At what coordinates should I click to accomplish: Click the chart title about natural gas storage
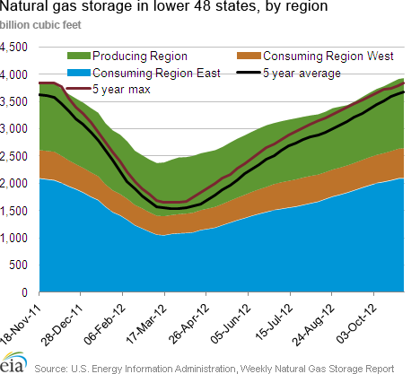point(164,6)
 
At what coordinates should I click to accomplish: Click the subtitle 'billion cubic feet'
point(40,25)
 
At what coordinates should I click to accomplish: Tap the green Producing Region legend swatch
point(79,56)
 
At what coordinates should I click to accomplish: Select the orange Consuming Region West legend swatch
point(249,56)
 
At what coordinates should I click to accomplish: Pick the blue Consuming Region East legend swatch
point(79,73)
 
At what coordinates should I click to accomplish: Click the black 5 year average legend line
point(249,73)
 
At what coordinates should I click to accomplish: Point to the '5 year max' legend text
point(121,90)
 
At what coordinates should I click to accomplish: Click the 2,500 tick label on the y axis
point(13,156)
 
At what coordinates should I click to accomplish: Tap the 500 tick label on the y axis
point(18,265)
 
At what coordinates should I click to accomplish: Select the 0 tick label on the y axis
point(24,292)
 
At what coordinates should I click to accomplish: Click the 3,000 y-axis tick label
point(13,129)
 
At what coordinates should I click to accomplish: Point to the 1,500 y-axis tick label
point(13,211)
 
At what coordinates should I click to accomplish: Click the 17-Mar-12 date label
point(146,325)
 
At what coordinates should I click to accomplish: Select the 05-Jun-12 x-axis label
point(230,325)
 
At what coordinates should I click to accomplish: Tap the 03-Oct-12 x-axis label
point(355,325)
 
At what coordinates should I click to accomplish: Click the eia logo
point(13,362)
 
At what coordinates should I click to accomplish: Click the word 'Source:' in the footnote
point(51,369)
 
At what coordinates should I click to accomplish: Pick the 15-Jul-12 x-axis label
point(275,323)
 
